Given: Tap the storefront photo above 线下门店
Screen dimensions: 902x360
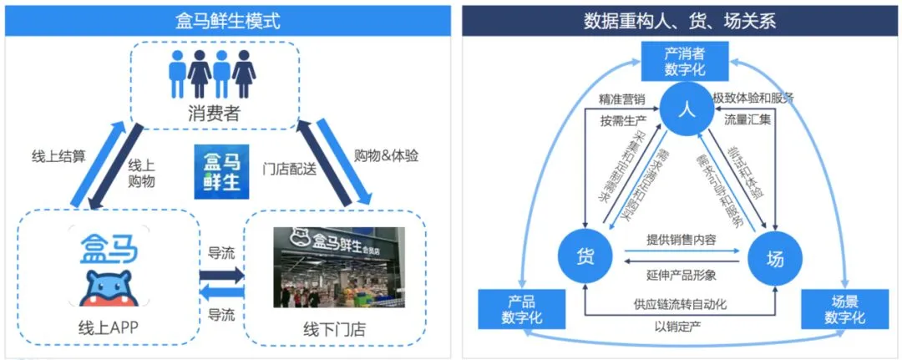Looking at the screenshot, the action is click(x=339, y=266).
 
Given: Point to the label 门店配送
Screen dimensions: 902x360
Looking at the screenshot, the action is click(x=289, y=167).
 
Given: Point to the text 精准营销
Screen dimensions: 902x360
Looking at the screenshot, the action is click(x=622, y=99).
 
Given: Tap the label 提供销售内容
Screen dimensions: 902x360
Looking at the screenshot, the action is click(x=682, y=238).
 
